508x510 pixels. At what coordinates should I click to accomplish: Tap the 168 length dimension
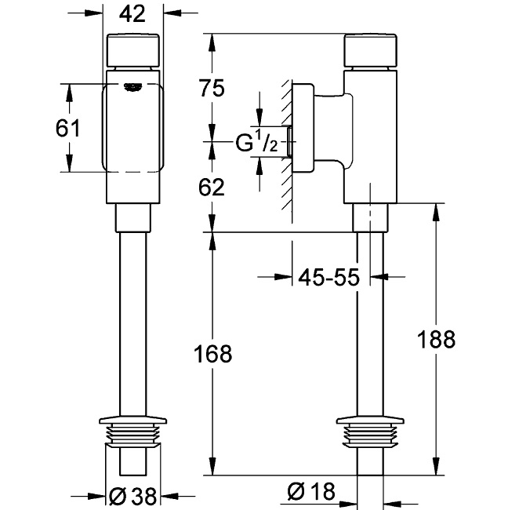pos(209,355)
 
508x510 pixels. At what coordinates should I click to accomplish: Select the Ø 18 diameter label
pos(312,493)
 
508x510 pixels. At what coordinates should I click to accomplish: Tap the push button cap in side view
pos(370,51)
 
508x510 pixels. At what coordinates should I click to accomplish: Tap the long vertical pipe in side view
pos(370,322)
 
